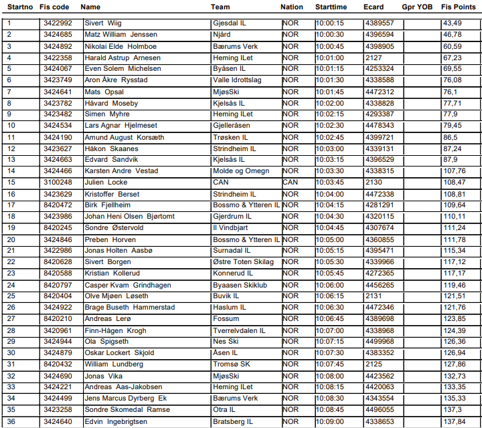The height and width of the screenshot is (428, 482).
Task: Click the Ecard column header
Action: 373,7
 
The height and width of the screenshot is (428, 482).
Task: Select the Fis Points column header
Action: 455,7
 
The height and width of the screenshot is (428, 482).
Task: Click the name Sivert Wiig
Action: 103,23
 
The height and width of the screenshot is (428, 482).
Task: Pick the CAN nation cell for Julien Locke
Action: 290,182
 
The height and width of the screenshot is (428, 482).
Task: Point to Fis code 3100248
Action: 57,182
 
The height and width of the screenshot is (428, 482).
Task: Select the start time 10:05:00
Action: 329,239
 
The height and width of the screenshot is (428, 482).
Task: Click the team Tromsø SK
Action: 232,364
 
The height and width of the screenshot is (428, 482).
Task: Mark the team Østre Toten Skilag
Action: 243,262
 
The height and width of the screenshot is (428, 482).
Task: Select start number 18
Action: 11,216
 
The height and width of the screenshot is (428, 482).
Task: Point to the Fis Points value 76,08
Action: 452,80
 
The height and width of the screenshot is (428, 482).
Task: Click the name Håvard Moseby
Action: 111,103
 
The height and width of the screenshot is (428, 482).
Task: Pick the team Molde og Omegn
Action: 241,171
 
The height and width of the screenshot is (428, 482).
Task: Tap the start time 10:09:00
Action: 329,421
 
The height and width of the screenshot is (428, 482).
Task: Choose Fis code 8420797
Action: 57,285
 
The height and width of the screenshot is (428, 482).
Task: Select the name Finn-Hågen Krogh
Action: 115,330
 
